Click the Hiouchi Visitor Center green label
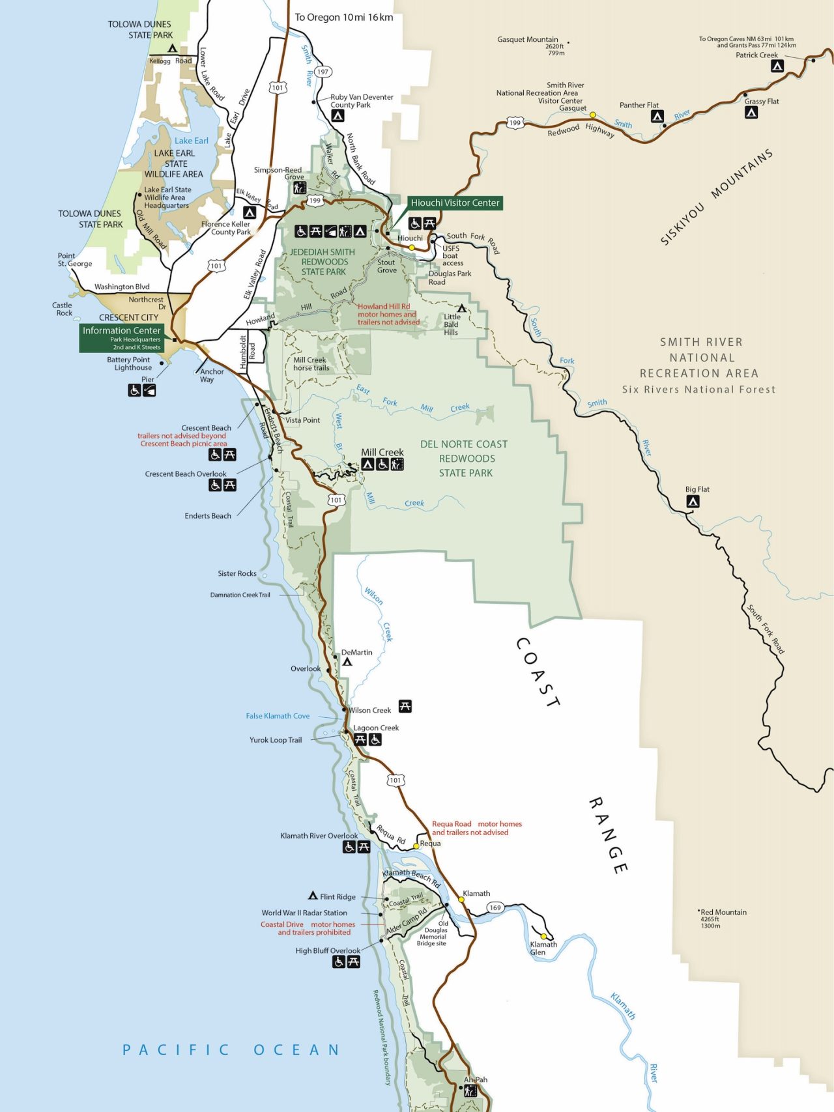455,203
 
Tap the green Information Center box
122,338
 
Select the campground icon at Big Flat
693,501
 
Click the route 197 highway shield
323,72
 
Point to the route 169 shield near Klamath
495,907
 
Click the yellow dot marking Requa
416,846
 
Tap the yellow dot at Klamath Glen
543,937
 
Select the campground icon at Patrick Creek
777,66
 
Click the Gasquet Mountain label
528,40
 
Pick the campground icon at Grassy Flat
751,113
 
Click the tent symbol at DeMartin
347,661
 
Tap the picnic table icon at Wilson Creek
405,706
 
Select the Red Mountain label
723,912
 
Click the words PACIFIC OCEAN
231,1049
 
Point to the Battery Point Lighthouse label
128,364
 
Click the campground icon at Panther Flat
657,117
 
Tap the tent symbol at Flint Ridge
313,896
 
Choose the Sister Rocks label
237,574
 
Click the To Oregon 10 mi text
343,18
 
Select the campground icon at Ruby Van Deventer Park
338,116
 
